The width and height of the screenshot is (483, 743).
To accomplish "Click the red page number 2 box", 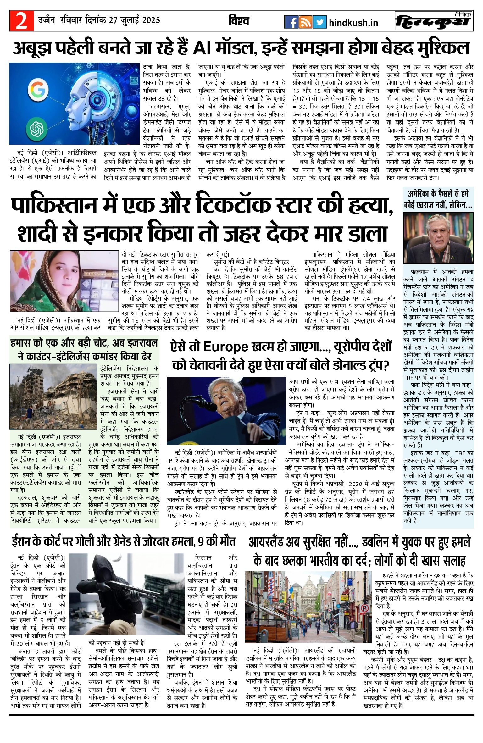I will pos(21,21).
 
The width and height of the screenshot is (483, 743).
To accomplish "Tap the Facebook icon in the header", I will pos(291,22).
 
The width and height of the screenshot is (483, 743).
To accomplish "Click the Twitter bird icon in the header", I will pos(320,22).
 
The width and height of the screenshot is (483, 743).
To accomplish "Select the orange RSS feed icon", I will pos(305,22).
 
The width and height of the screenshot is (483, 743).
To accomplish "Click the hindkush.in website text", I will pos(353,23).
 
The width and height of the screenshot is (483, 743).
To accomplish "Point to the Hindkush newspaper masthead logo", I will pos(434,21).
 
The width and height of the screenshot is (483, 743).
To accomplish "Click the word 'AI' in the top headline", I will pos(202,48).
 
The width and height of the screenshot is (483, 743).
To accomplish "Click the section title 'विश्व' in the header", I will pos(239,21).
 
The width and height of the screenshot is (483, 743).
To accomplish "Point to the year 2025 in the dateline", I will pos(151,20).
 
